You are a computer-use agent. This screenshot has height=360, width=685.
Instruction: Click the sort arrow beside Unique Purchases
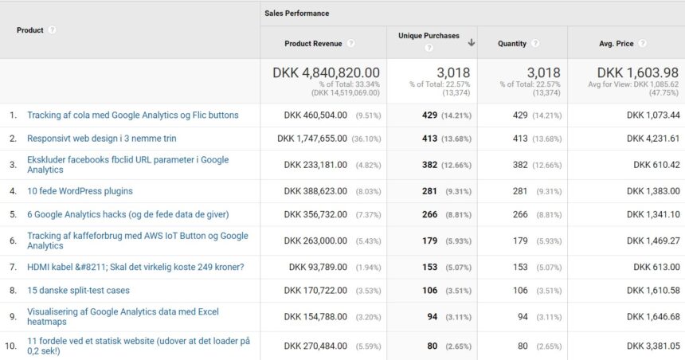(x=472, y=42)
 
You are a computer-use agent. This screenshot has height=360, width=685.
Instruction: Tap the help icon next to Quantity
(x=535, y=43)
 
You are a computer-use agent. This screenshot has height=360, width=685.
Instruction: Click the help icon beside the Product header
(x=53, y=30)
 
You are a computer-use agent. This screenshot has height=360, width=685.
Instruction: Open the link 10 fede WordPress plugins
(x=80, y=191)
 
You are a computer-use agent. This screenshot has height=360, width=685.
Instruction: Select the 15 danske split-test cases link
(x=78, y=291)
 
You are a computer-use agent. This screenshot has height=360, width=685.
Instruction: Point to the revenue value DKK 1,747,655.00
(x=312, y=139)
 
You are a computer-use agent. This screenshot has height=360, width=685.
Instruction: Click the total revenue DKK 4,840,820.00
(x=326, y=72)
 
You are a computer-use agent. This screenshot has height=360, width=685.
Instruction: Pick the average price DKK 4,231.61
(x=653, y=139)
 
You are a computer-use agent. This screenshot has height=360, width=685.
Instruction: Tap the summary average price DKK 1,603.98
(x=638, y=72)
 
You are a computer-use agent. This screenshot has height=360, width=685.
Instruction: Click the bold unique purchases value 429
(x=430, y=115)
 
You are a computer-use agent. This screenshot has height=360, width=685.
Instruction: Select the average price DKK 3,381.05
(x=653, y=346)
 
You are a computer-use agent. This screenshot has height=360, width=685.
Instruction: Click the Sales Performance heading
(x=296, y=14)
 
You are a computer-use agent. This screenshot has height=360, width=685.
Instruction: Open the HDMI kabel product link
(x=135, y=267)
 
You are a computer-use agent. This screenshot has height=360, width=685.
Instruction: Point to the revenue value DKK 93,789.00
(x=318, y=267)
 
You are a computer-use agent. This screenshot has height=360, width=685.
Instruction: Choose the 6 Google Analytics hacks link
(x=127, y=214)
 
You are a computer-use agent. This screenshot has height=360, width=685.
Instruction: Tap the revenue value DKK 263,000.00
(x=315, y=241)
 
